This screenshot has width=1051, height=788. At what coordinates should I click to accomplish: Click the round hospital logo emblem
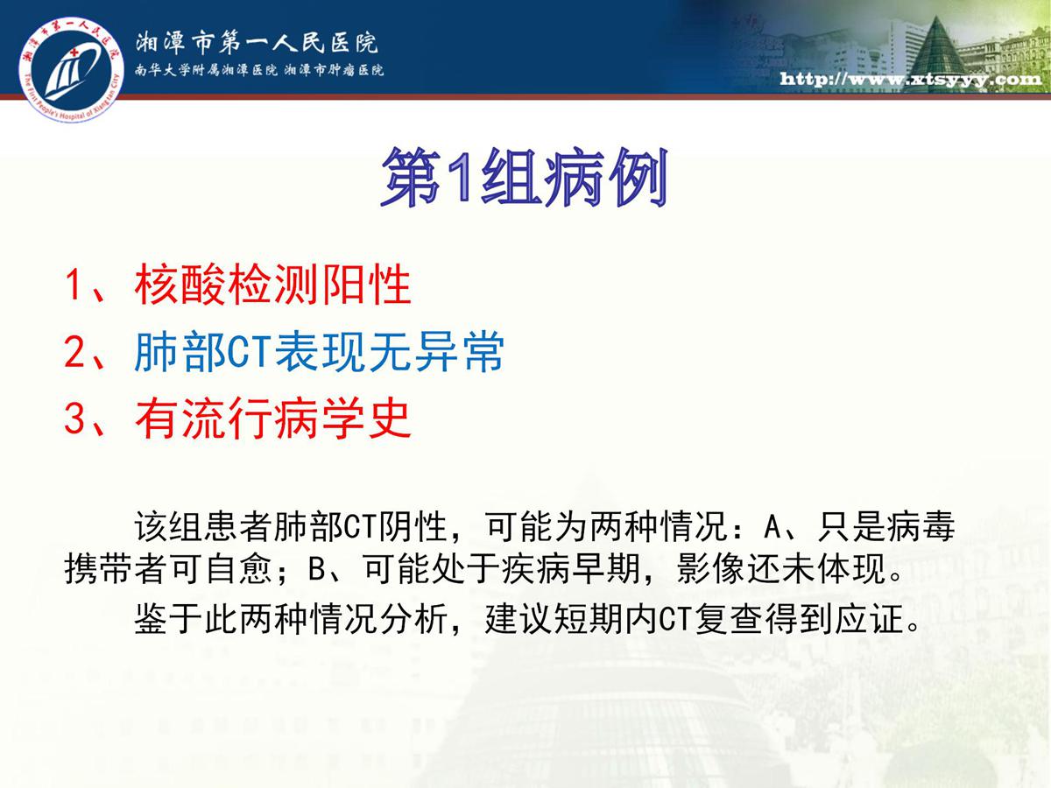[71, 69]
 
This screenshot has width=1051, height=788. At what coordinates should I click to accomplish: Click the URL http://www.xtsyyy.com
[911, 79]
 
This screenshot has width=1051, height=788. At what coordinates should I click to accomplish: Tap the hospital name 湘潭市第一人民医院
[257, 42]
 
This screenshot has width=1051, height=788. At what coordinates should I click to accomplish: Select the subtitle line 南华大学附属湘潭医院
[206, 70]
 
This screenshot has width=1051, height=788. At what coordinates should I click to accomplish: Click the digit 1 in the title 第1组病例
[460, 177]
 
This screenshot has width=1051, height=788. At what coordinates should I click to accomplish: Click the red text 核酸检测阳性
[273, 285]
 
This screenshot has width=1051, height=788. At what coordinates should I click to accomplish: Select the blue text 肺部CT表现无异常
[320, 352]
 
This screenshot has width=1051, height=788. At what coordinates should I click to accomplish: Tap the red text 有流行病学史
[273, 419]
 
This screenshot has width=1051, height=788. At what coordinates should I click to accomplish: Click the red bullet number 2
[74, 352]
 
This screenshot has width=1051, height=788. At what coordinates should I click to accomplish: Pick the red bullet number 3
[74, 419]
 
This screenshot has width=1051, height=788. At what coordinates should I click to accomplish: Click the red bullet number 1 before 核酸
[74, 285]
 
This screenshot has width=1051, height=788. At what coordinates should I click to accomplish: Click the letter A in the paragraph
[772, 527]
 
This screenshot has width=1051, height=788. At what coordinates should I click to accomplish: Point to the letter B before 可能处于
[317, 569]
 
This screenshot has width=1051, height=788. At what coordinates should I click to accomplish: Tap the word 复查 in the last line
[729, 619]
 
